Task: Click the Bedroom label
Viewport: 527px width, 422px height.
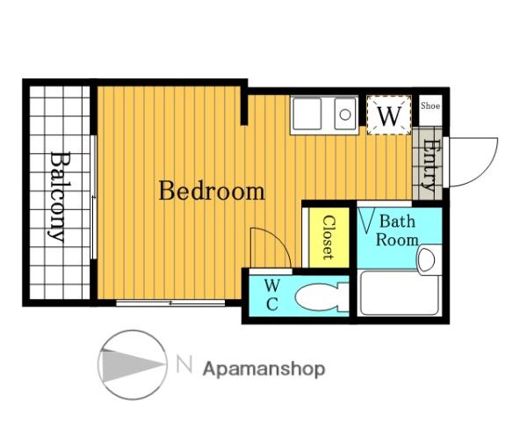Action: click(212, 191)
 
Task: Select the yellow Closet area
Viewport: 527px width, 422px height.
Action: click(329, 237)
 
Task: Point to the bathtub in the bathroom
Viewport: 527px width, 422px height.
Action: click(400, 293)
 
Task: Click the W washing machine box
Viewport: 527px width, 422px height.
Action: click(389, 115)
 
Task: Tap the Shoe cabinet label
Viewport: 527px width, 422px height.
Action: click(430, 105)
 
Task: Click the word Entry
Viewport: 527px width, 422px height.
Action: click(430, 164)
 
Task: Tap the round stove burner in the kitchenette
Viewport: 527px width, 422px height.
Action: click(345, 115)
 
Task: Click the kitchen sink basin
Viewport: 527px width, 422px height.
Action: click(307, 113)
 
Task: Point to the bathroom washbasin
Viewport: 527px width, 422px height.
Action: click(427, 260)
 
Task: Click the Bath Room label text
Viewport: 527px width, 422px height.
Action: click(397, 231)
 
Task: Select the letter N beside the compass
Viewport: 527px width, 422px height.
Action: click(184, 365)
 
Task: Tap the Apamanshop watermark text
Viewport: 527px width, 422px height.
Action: click(263, 369)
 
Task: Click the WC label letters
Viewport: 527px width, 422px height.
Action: click(271, 295)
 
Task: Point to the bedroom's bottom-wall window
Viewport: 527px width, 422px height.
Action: click(170, 302)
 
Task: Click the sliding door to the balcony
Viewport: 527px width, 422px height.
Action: click(94, 197)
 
